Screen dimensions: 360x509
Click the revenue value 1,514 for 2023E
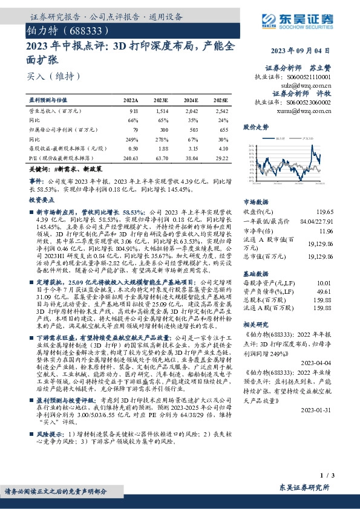point(162,111)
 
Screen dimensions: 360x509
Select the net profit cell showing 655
point(223,129)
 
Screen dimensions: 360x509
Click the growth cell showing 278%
point(162,138)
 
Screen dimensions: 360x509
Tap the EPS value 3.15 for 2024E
point(193,148)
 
